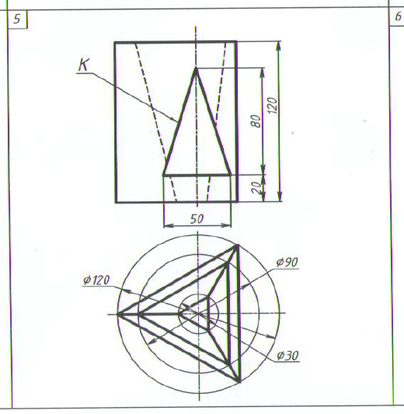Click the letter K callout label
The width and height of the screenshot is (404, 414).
(x=84, y=64)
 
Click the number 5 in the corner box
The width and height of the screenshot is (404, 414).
(x=17, y=19)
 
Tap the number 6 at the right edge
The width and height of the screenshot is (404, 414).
(x=398, y=17)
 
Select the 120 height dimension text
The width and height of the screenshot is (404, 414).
(x=273, y=106)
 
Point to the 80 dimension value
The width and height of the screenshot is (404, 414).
(x=256, y=121)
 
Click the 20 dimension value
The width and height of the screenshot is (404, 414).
(x=256, y=187)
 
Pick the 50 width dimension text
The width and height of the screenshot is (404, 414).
(x=197, y=219)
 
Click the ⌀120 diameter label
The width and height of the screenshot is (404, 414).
(x=96, y=280)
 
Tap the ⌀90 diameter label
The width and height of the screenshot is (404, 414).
(x=287, y=263)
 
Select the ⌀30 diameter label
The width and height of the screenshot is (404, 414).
(x=287, y=356)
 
